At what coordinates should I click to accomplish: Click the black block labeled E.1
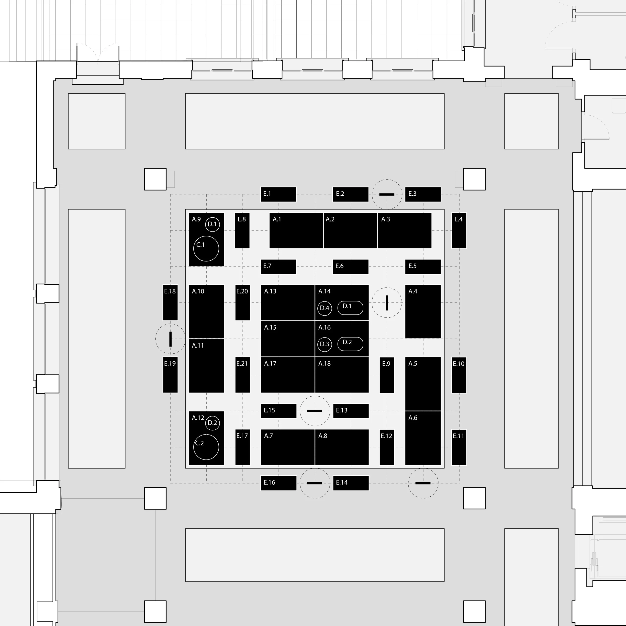tap(278, 194)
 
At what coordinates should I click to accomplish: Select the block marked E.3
tap(423, 194)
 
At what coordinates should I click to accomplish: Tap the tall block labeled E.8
tap(242, 230)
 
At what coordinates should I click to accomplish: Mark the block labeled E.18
tap(170, 303)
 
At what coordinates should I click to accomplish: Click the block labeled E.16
tap(278, 483)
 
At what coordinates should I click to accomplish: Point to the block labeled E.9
tap(387, 375)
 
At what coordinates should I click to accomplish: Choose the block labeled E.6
tap(351, 267)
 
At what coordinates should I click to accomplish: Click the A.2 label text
tap(330, 219)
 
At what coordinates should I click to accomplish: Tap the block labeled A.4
tap(423, 312)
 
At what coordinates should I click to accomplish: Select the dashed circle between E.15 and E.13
tap(315, 396)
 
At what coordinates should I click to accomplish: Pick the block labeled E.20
tap(242, 303)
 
